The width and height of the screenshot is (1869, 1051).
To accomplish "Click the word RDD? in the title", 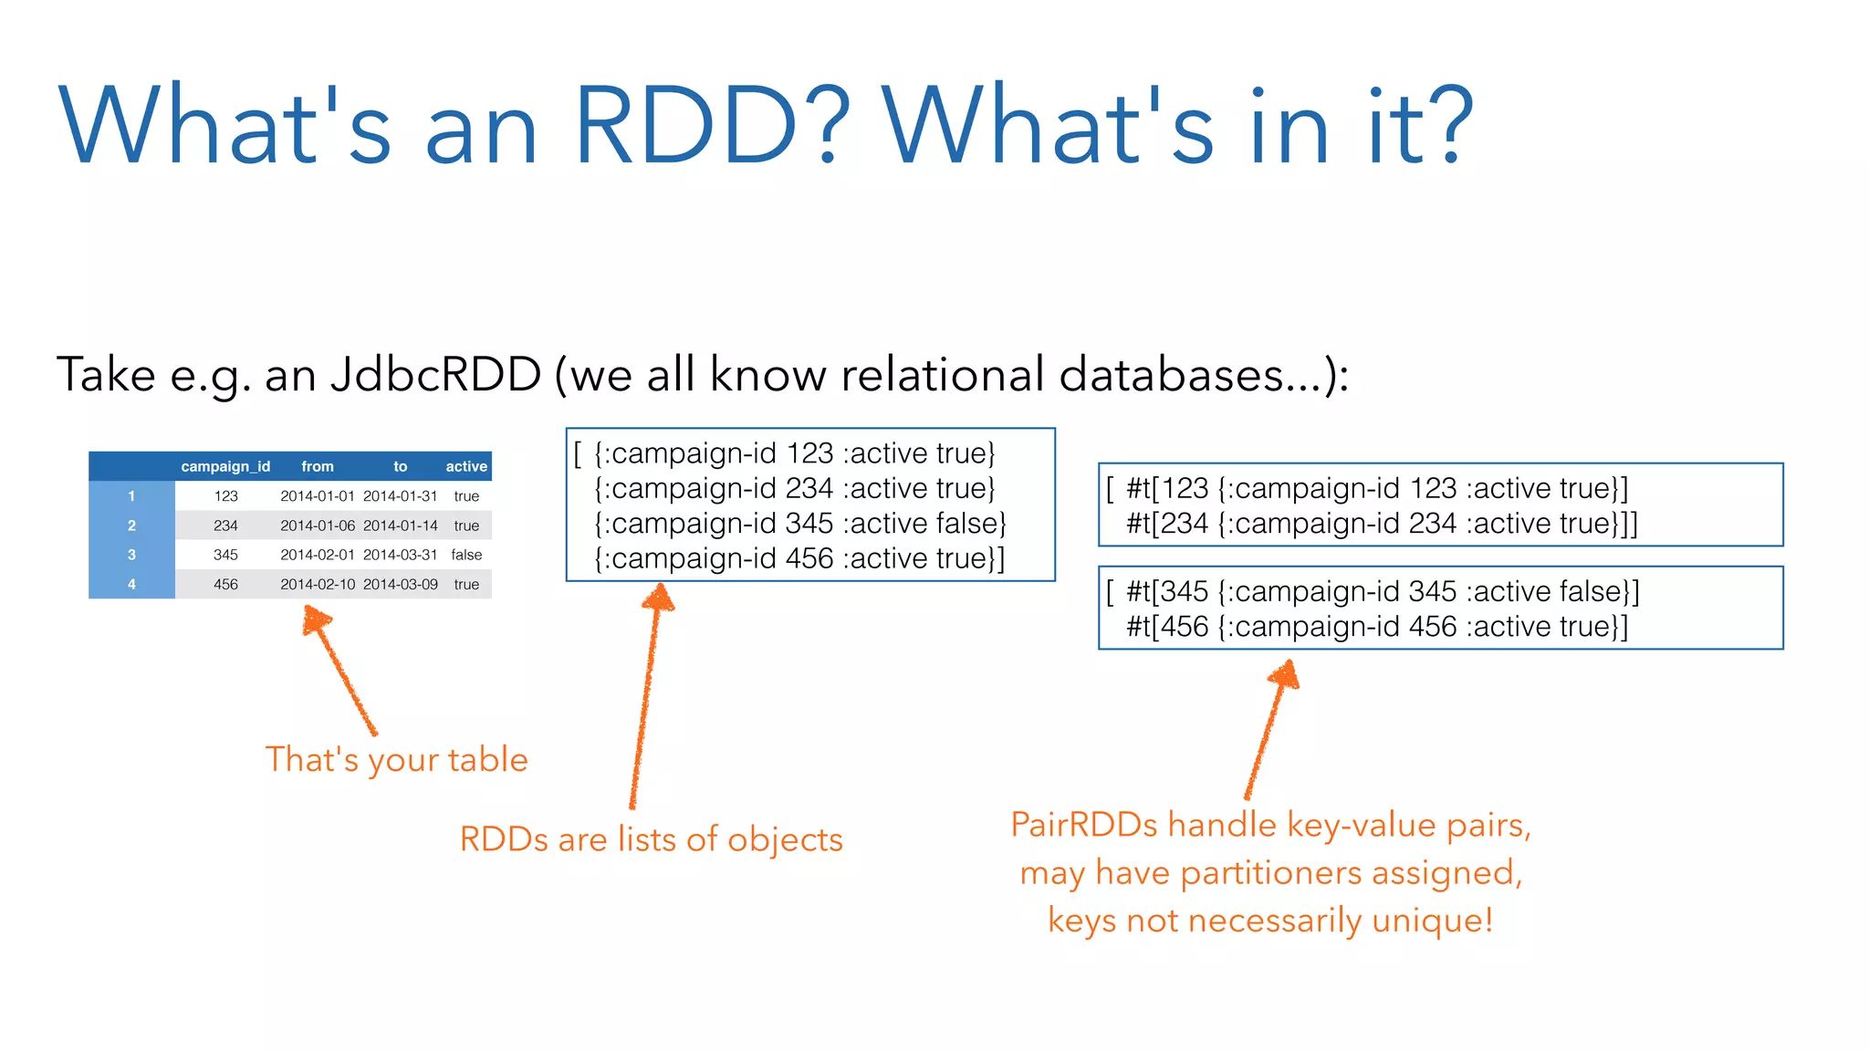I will [712, 126].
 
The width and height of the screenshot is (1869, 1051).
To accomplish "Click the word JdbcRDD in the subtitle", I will [436, 374].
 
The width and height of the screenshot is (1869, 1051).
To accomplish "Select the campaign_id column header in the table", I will [225, 466].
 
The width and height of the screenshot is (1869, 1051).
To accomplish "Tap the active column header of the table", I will [466, 466].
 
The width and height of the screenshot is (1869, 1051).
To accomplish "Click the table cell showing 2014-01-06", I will [317, 525].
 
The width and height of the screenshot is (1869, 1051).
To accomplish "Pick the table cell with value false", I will [466, 555].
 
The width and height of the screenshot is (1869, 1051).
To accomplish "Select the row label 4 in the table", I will [131, 584].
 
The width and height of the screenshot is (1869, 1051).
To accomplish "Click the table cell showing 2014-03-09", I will [401, 584].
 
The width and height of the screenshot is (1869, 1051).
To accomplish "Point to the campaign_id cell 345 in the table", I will [225, 555].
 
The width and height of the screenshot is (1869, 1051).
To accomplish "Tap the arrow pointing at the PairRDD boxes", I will [1269, 730].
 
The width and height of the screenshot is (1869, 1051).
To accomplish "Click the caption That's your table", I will [396, 760].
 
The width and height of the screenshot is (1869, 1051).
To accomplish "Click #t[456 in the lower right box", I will [1167, 627].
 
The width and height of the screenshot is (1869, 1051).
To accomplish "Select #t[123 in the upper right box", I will [1167, 488].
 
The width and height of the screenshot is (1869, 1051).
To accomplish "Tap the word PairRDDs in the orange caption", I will [1084, 825].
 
